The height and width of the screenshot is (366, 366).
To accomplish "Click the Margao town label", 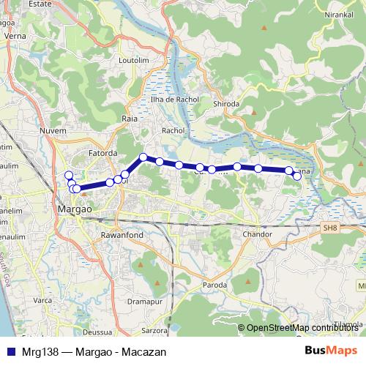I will [x=75, y=209].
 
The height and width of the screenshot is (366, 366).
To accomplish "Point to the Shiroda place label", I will [x=226, y=104].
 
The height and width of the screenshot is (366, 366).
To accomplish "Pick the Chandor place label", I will [x=257, y=235].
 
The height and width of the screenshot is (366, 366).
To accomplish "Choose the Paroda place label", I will [x=214, y=285].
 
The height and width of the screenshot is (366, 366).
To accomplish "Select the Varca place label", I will [x=43, y=300].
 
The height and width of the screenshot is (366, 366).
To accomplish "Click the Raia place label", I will [x=130, y=117].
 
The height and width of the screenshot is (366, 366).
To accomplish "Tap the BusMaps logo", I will [x=330, y=351].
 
